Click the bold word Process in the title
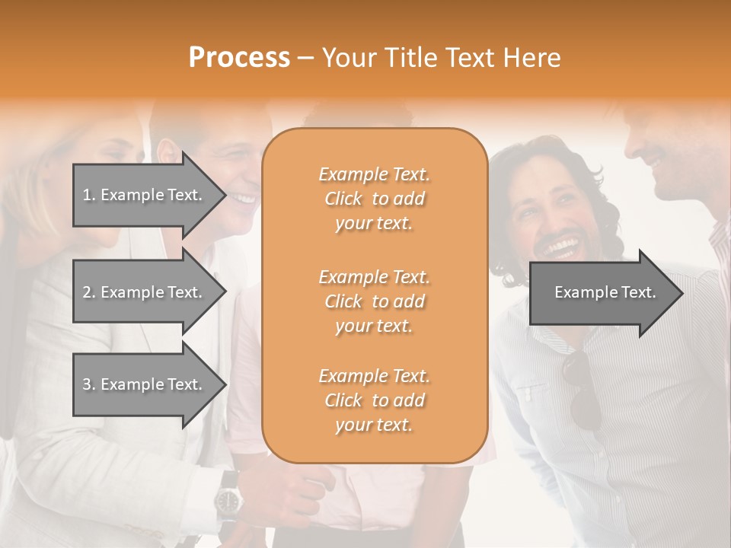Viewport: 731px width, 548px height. click(239, 58)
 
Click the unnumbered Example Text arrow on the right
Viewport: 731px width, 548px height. click(605, 292)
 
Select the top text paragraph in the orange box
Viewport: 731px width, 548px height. click(374, 199)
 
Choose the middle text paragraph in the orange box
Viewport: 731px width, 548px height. click(374, 301)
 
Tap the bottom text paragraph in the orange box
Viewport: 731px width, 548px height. click(374, 400)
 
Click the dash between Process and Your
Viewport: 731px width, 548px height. click(306, 58)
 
